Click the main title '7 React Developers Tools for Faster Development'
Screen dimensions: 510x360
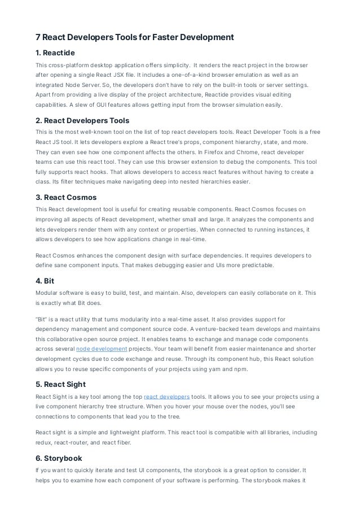coord(134,38)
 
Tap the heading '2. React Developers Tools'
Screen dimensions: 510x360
coord(82,120)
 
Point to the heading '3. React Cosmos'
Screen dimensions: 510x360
coord(66,197)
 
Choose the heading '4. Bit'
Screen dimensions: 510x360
coord(46,279)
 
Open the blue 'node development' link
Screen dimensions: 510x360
coord(102,350)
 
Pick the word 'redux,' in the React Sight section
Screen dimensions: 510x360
coord(45,443)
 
